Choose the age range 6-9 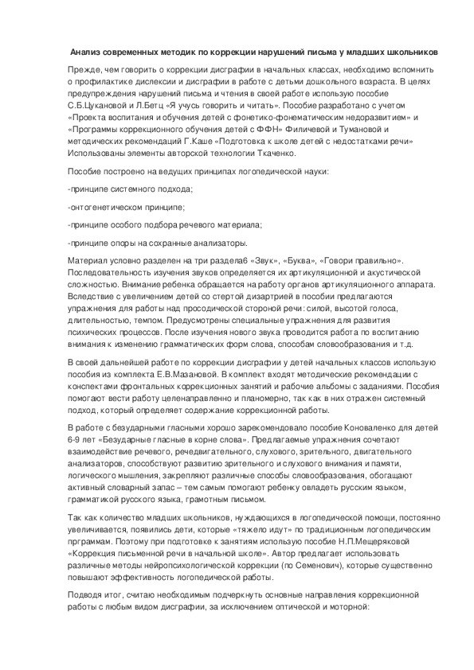76,440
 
